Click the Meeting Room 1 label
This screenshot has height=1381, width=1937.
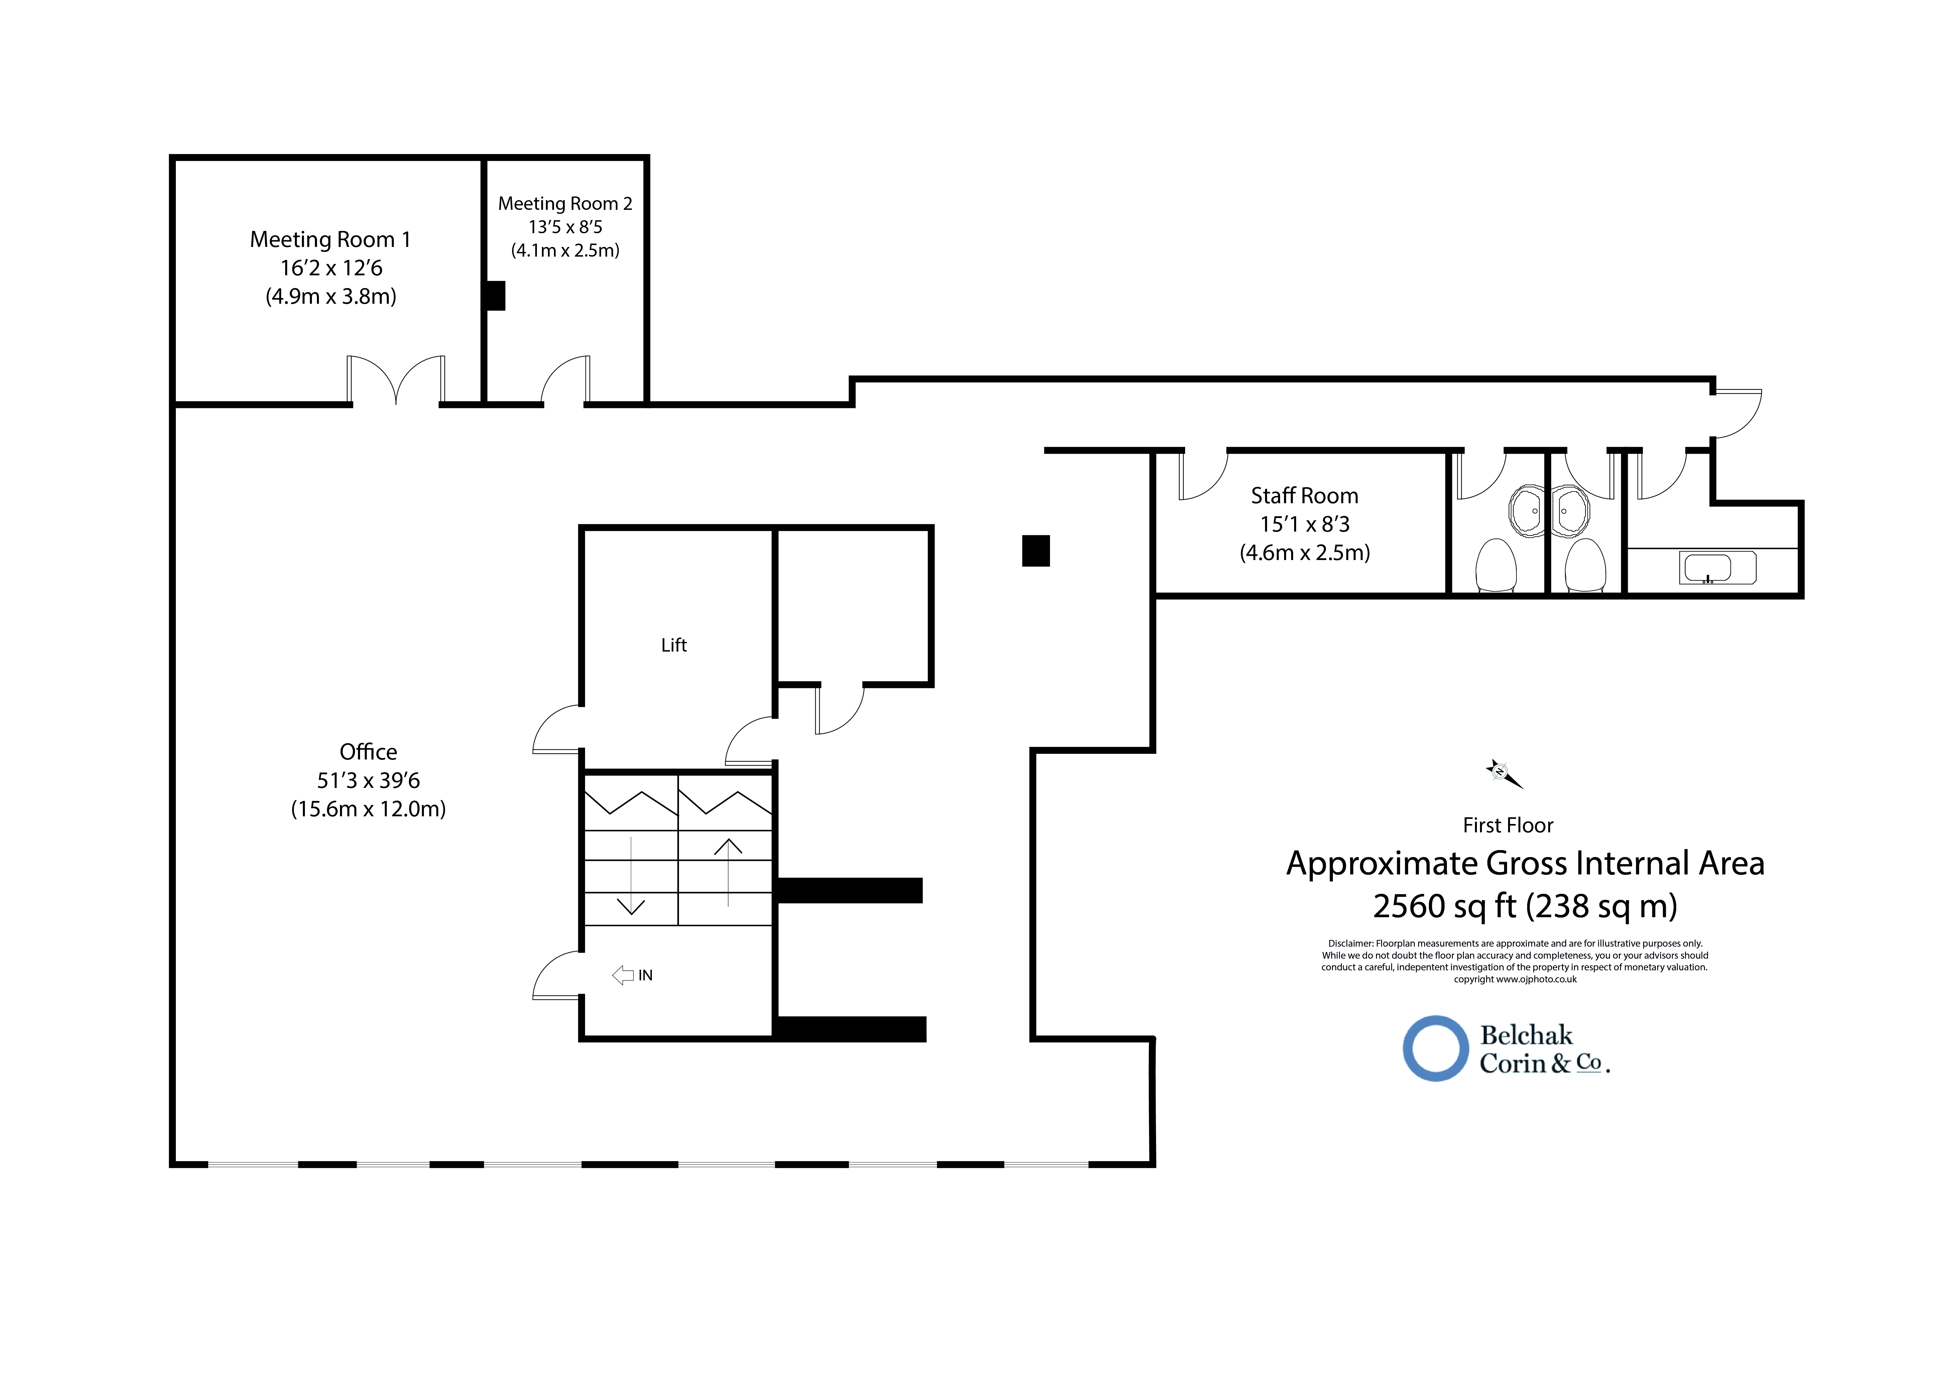click(x=330, y=240)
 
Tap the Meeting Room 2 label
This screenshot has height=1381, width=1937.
click(x=565, y=203)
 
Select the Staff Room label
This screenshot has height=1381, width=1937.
click(x=1304, y=496)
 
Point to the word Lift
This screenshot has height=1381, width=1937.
click(x=674, y=646)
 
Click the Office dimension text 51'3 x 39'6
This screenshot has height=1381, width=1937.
click(x=368, y=781)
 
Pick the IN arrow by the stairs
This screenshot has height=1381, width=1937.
click(x=623, y=975)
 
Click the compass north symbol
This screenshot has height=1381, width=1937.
click(x=1503, y=773)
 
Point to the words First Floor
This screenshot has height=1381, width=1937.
click(x=1507, y=826)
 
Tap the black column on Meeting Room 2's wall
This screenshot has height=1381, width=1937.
click(x=494, y=296)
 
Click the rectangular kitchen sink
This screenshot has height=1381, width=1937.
click(x=1717, y=568)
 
